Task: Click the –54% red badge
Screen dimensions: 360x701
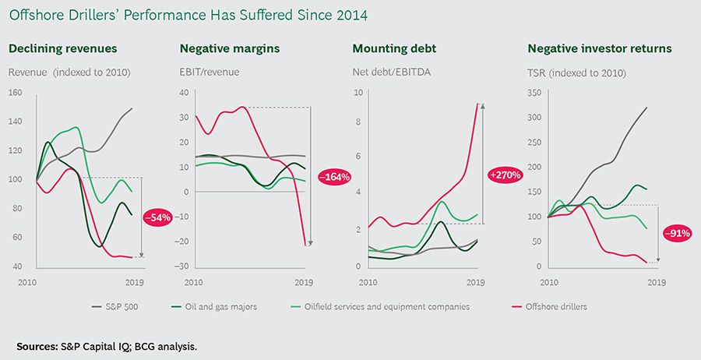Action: (158, 217)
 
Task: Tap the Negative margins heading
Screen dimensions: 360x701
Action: (230, 48)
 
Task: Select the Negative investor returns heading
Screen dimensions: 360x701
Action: (600, 48)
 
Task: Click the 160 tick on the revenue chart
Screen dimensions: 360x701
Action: (16, 93)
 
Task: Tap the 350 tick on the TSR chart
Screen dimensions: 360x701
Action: (536, 93)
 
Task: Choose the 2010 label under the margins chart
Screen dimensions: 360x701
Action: (193, 281)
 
